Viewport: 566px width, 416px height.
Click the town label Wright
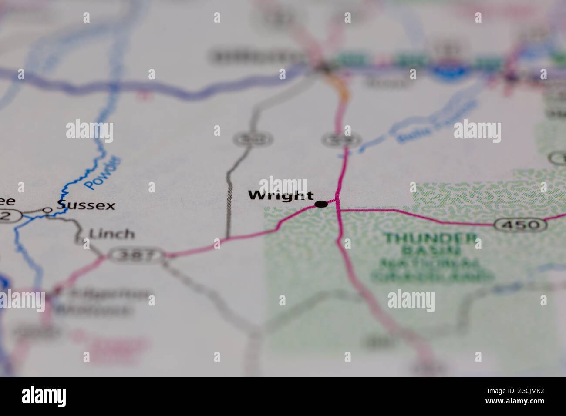tap(281, 195)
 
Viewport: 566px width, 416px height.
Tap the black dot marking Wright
tap(321, 204)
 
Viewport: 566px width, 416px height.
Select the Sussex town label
tap(86, 205)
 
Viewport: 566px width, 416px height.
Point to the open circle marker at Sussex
tap(47, 210)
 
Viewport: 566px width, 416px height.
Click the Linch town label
tap(111, 234)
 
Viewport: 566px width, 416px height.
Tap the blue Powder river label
tap(103, 172)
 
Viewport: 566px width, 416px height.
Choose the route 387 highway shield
tap(137, 255)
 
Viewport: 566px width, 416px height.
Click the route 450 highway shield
tap(520, 225)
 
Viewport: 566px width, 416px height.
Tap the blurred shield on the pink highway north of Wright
tap(341, 140)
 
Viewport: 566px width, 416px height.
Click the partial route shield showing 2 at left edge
tap(8, 215)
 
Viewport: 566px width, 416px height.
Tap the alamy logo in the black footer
tap(44, 396)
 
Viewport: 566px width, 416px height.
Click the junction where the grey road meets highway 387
tap(227, 239)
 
